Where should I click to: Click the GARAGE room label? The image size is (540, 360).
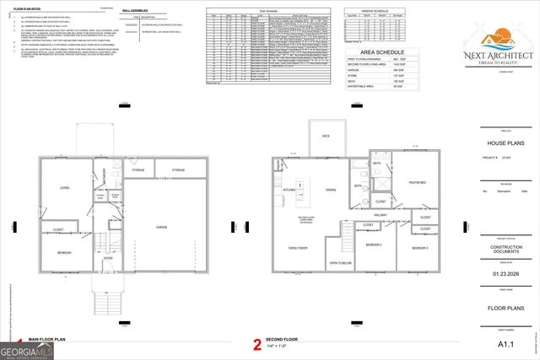point(160,227)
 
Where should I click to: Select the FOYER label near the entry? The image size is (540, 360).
point(108,259)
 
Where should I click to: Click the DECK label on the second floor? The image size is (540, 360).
point(325,136)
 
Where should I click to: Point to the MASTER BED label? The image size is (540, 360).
point(417,182)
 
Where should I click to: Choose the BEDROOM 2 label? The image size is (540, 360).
point(374,244)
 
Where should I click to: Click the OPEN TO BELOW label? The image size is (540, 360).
point(340,264)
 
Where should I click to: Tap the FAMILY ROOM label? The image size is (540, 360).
point(296,249)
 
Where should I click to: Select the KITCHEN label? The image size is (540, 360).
point(289,190)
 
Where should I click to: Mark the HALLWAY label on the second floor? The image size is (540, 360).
point(381,215)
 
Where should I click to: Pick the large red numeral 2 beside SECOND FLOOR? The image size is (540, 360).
point(256,344)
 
